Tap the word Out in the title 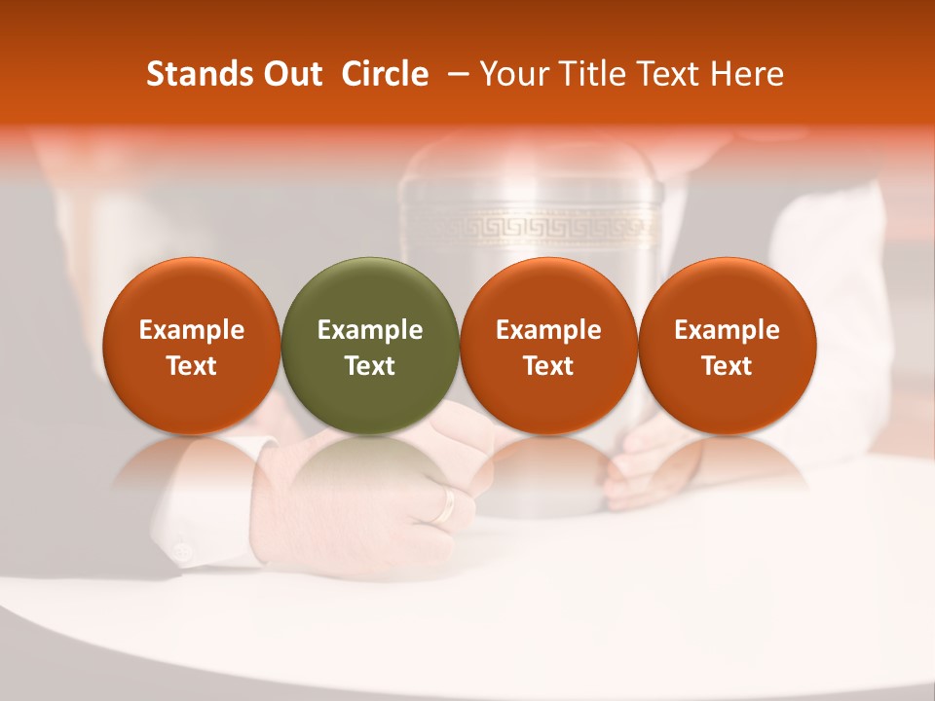pyautogui.click(x=291, y=74)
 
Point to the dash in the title pyautogui.click(x=456, y=75)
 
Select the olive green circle pyautogui.click(x=370, y=345)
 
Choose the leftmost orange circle pyautogui.click(x=192, y=345)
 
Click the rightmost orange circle pyautogui.click(x=728, y=345)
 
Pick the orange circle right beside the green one pyautogui.click(x=548, y=345)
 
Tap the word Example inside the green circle pyautogui.click(x=370, y=330)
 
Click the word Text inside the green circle pyautogui.click(x=370, y=366)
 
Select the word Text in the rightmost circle pyautogui.click(x=728, y=366)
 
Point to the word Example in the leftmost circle pyautogui.click(x=192, y=330)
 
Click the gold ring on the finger pyautogui.click(x=446, y=504)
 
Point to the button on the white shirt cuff pyautogui.click(x=181, y=552)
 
